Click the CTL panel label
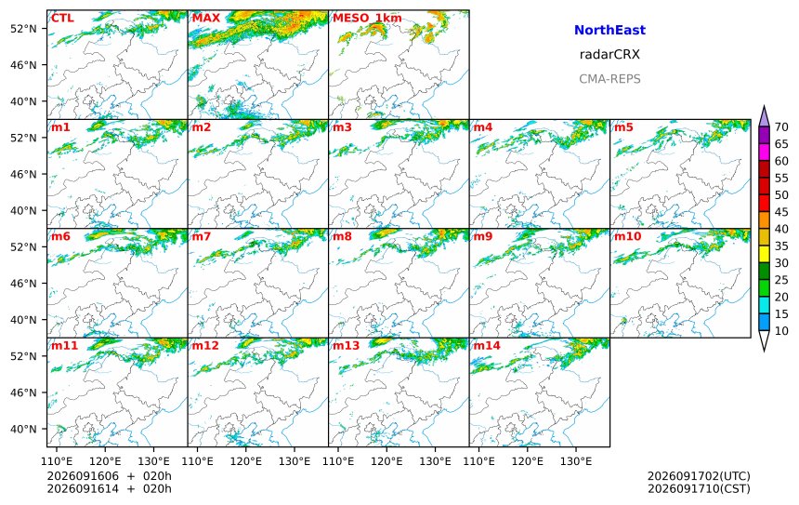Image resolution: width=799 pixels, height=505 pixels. [62, 19]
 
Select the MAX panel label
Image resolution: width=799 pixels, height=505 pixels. [206, 19]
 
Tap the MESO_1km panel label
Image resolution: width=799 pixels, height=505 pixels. [367, 19]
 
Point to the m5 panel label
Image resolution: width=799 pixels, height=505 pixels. [623, 127]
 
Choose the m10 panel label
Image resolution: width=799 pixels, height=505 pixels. [627, 236]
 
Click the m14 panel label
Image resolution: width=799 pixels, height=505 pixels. [487, 346]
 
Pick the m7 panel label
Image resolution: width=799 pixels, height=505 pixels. [201, 236]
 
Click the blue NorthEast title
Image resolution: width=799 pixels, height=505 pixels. [609, 30]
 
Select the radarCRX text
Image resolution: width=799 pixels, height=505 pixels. [609, 55]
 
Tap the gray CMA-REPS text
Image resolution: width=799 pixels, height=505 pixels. [609, 79]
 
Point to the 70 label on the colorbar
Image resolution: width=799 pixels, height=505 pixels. [781, 127]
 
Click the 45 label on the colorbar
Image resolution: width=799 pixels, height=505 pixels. [781, 212]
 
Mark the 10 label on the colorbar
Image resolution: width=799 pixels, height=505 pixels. [781, 331]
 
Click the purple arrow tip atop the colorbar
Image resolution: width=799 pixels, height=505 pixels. [764, 106]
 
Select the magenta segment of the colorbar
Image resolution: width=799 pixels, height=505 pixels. [764, 152]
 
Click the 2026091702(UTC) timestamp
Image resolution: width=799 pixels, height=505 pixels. [699, 476]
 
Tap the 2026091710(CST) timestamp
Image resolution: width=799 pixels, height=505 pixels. [699, 488]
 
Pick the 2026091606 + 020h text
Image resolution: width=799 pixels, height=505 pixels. [110, 476]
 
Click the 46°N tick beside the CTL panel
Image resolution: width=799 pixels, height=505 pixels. [23, 65]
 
